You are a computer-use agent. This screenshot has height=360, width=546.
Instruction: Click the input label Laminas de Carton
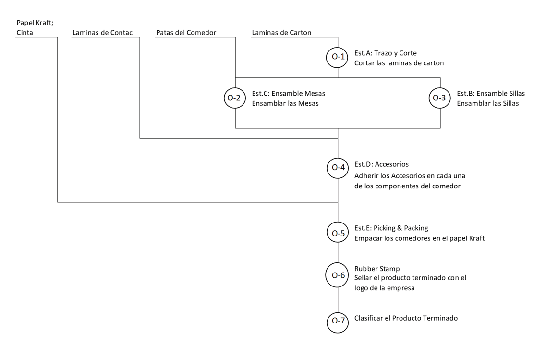tap(281, 33)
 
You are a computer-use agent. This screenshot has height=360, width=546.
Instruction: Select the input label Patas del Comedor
tap(186, 33)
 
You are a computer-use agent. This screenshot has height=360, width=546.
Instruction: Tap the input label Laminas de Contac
tap(102, 33)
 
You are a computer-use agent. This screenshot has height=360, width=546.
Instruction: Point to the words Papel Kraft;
tap(35, 23)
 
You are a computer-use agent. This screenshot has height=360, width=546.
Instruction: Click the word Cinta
tap(24, 33)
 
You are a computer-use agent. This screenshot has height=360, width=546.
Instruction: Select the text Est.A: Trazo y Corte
tap(386, 53)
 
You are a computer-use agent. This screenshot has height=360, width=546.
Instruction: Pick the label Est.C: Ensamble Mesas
tap(288, 93)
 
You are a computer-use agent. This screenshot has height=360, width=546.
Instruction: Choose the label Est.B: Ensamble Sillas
tap(491, 93)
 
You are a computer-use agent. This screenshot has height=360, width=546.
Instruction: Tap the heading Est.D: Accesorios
tap(381, 164)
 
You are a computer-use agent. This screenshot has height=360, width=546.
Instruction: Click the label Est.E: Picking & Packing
tap(391, 228)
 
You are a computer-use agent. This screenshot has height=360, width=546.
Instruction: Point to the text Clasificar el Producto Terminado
tap(406, 318)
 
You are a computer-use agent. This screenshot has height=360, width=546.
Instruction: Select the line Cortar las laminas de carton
tap(399, 63)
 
